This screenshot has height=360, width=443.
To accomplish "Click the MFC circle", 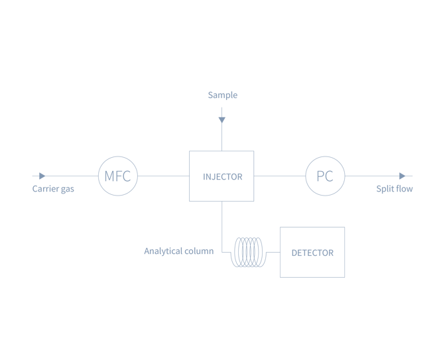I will pos(119,176).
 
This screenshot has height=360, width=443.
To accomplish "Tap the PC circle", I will pos(325,176).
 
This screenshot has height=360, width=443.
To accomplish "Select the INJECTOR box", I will pos(221,176).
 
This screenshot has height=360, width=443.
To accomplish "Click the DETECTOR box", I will pos(312,252).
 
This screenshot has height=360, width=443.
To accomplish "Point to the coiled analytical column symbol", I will pos(247,252).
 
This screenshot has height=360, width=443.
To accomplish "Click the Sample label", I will pos(222,95).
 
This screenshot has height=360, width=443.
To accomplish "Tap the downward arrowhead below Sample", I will pos(222,121).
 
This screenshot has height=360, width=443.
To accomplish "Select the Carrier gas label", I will pos(53,189).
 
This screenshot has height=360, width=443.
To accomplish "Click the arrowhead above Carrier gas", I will pos(42,176).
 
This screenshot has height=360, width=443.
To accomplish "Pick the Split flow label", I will pos(395,189).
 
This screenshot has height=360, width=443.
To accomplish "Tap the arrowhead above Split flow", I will pos(403,176).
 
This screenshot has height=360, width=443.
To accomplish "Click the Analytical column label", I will pos(178,251).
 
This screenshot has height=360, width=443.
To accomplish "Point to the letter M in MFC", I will pos(109,176).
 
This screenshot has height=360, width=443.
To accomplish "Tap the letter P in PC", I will pos(320,176).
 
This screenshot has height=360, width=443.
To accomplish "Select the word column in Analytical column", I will pos(199,251).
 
